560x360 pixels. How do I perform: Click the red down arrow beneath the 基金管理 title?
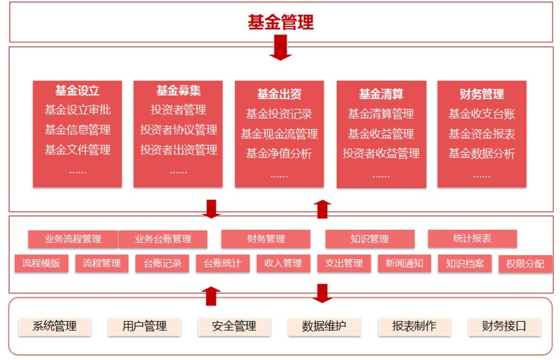click(x=280, y=48)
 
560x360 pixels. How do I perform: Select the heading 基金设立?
click(x=77, y=90)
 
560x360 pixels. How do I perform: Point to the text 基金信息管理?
click(x=77, y=129)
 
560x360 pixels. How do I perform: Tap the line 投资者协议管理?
click(x=178, y=129)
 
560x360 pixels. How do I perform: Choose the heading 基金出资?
click(x=279, y=94)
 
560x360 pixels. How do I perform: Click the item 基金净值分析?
click(x=279, y=154)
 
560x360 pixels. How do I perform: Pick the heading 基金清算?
click(x=381, y=94)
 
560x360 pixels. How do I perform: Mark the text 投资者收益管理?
click(x=381, y=154)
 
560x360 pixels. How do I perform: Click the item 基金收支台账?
click(x=482, y=113)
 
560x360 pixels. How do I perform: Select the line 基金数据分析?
click(x=482, y=154)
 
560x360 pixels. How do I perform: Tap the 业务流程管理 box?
click(x=73, y=240)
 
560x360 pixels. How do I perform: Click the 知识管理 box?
click(x=369, y=240)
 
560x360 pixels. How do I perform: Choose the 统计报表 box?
click(x=472, y=239)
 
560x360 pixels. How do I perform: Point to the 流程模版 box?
click(x=41, y=263)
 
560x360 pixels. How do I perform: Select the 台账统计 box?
click(x=222, y=263)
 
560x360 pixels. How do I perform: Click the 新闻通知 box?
click(x=404, y=263)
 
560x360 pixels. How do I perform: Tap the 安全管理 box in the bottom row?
click(x=234, y=326)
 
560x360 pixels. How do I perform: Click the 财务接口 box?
click(x=504, y=326)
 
